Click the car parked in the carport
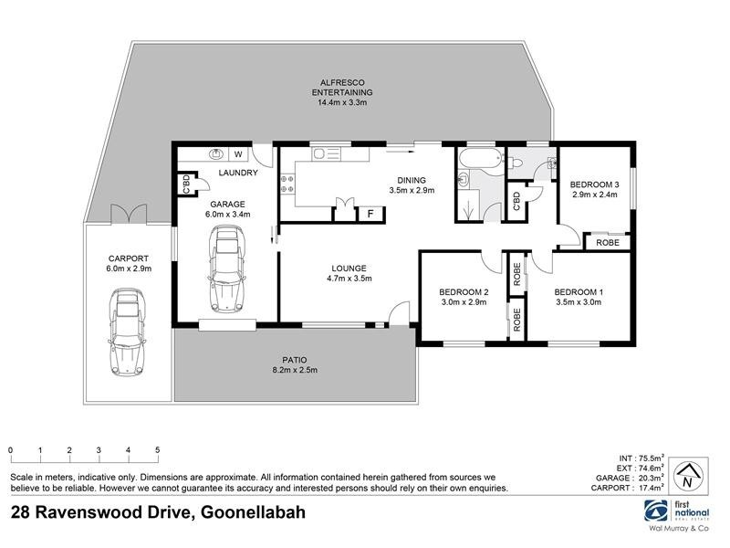click(129, 332)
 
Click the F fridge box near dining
click(370, 214)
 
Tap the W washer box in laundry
click(238, 154)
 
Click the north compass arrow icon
click(685, 476)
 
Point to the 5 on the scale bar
click(158, 450)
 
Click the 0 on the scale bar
click(10, 450)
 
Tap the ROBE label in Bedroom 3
click(608, 242)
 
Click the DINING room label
click(412, 180)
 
